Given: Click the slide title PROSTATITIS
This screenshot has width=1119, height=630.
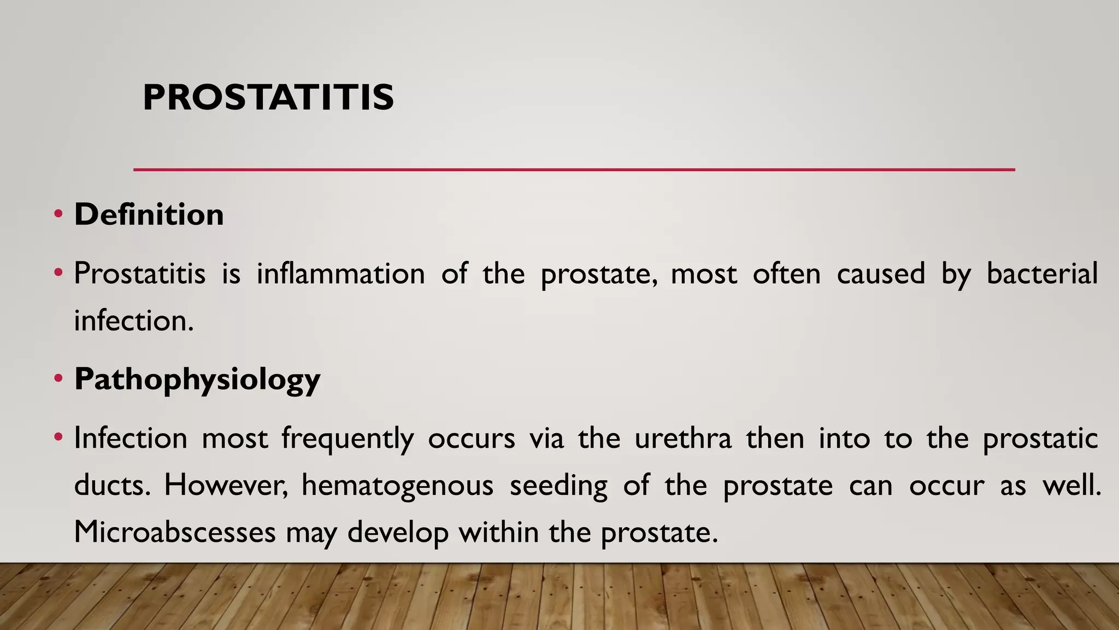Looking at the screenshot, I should point(268,98).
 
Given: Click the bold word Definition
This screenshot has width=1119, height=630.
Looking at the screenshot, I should point(149,214).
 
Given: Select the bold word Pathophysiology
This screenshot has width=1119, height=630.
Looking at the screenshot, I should point(197,379).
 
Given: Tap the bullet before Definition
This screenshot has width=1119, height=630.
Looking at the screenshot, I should point(58,214).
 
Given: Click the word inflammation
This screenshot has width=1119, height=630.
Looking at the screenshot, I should point(340,273).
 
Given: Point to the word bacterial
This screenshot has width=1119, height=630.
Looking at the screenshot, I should point(1041,273).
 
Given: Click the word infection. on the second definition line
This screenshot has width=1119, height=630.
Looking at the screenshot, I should point(134,320).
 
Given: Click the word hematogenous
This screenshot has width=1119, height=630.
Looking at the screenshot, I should point(397,486).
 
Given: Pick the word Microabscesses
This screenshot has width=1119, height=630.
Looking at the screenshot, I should point(174,532).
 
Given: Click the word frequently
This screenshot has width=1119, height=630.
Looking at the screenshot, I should point(348,439).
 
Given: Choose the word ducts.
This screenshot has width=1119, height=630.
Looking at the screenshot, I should point(112,486).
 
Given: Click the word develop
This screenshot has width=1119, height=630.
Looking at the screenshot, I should point(398,533).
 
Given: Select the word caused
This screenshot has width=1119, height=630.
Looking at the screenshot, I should point(880,273).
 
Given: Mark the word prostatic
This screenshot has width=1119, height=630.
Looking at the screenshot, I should point(1040,439).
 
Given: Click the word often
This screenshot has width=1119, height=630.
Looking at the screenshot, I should point(786,273).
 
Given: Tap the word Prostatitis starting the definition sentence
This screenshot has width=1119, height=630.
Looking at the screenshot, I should point(140,273).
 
